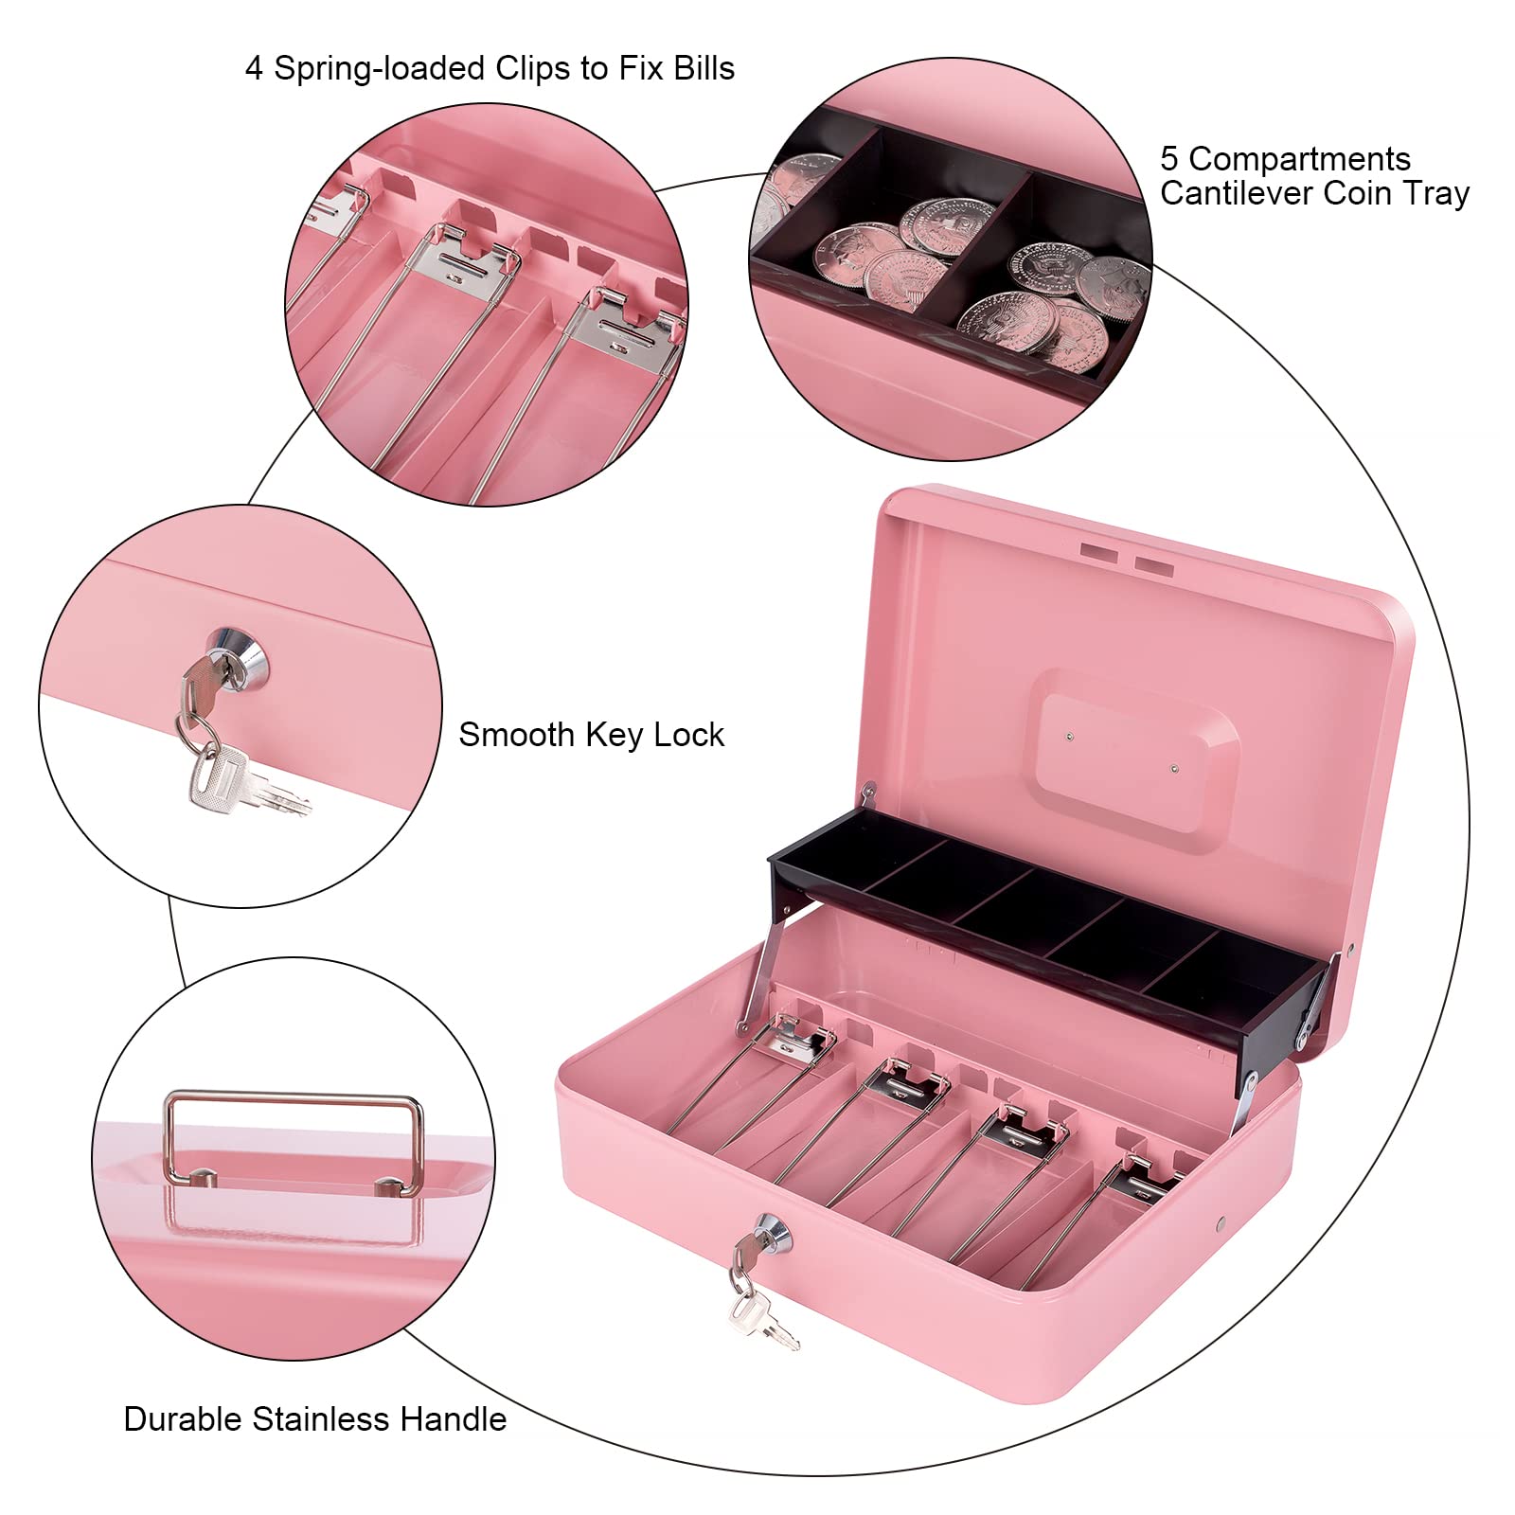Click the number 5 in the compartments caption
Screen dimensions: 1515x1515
tap(1169, 159)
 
